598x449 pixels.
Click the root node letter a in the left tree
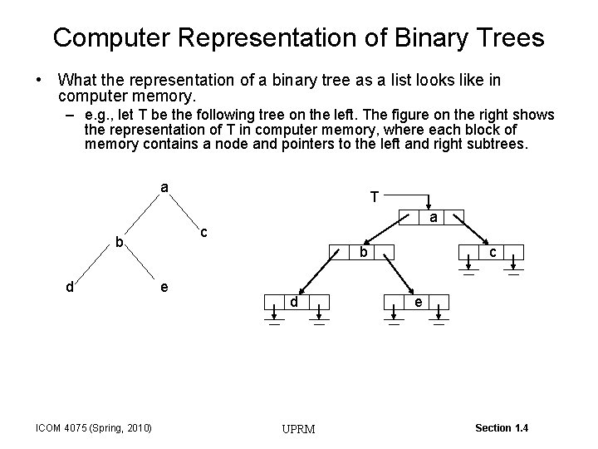[164, 188]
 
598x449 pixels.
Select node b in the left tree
[120, 244]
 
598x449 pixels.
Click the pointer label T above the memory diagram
[375, 198]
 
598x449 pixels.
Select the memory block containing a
[432, 218]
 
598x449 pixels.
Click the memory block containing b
[361, 251]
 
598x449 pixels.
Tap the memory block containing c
[493, 251]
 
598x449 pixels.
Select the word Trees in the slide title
[509, 37]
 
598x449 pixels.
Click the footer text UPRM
[298, 429]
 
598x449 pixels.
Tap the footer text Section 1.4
[502, 427]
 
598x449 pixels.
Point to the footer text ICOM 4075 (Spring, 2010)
[94, 428]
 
